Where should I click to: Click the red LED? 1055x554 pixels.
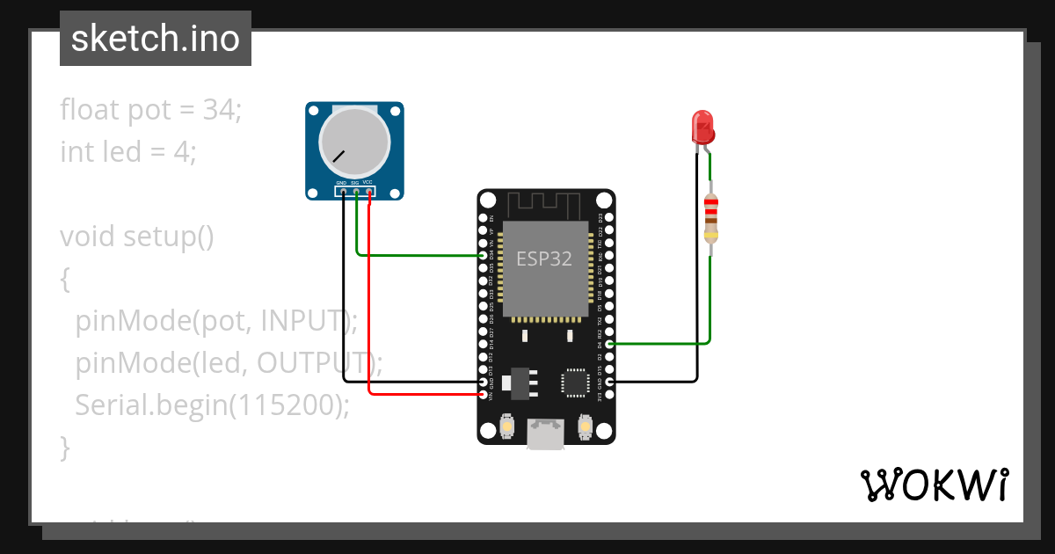pyautogui.click(x=703, y=128)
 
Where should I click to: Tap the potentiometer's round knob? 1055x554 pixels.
pyautogui.click(x=354, y=142)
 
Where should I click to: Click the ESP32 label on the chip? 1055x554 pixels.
pyautogui.click(x=543, y=259)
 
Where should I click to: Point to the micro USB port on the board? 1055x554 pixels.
pyautogui.click(x=546, y=434)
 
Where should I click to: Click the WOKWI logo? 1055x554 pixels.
pyautogui.click(x=934, y=485)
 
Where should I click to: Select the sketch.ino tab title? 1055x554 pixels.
pyautogui.click(x=156, y=39)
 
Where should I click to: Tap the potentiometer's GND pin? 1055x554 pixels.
pyautogui.click(x=343, y=191)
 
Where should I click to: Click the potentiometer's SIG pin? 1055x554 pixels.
pyautogui.click(x=356, y=191)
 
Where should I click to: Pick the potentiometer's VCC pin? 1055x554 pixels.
pyautogui.click(x=368, y=191)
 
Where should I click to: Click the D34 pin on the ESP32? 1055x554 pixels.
pyautogui.click(x=483, y=256)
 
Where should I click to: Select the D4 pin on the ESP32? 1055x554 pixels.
pyautogui.click(x=609, y=344)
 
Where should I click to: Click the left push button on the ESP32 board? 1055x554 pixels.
pyautogui.click(x=506, y=427)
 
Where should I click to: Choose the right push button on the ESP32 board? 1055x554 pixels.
pyautogui.click(x=585, y=427)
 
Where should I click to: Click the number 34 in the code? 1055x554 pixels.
pyautogui.click(x=217, y=111)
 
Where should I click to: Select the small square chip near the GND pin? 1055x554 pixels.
pyautogui.click(x=575, y=382)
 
